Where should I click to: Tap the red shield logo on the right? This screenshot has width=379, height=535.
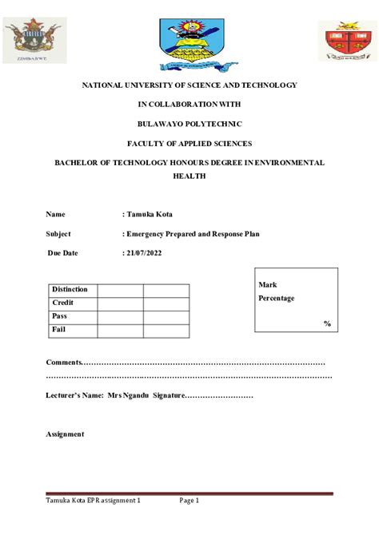pos(347,41)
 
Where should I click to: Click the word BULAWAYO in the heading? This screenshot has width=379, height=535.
pos(162,124)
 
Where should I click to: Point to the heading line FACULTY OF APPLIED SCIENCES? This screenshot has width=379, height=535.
pos(189,143)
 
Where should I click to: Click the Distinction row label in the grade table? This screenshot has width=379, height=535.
pos(69,289)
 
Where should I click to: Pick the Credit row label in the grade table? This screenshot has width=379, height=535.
pos(62,303)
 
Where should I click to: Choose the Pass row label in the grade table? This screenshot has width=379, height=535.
pos(59,316)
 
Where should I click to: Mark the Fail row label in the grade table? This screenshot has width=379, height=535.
pos(58,330)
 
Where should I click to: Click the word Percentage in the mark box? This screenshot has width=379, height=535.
pos(276,298)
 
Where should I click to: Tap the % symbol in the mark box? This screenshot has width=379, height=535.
pos(327,323)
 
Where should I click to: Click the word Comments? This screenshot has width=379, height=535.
pos(65,363)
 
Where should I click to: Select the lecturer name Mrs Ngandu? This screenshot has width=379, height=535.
pos(128,395)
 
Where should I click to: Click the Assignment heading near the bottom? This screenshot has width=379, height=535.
pos(65,434)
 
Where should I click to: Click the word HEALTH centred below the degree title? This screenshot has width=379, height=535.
pos(189,176)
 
